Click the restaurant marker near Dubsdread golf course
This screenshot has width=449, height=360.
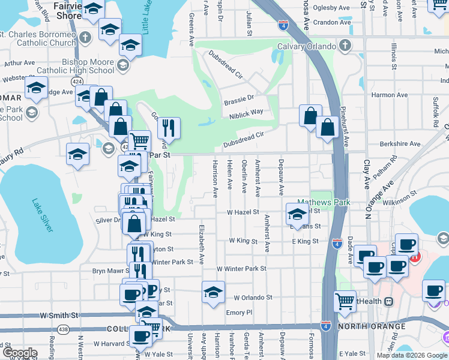[169, 127]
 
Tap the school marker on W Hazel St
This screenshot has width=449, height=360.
[297, 213]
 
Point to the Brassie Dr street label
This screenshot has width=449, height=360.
[238, 98]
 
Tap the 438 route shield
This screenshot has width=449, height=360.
[63, 329]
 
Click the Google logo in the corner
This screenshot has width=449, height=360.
[19, 353]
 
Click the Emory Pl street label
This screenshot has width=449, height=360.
[239, 313]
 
